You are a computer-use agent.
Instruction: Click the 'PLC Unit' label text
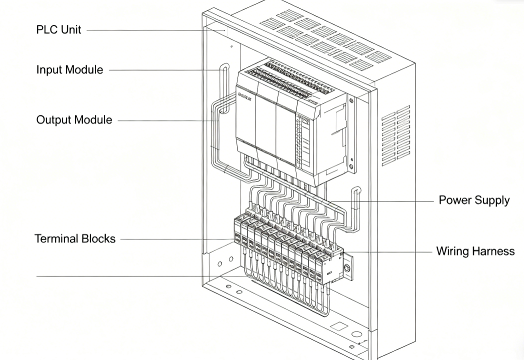58,29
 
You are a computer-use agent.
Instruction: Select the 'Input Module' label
69,69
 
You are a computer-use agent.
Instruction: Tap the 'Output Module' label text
74,120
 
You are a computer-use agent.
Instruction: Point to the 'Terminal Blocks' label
75,238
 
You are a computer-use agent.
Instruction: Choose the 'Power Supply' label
474,200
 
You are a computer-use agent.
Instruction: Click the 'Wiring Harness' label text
475,250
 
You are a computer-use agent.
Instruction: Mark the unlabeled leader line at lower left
120,275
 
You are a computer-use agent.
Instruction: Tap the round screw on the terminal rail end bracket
347,268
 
